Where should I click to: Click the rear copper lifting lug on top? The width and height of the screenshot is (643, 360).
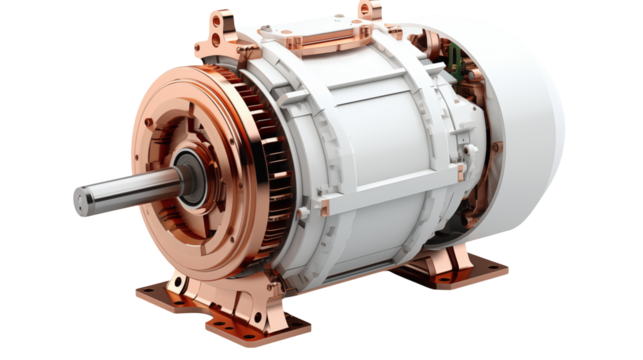tap(371, 13)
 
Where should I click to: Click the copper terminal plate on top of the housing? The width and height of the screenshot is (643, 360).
tap(311, 36)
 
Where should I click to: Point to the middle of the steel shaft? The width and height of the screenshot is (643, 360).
tap(130, 189)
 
